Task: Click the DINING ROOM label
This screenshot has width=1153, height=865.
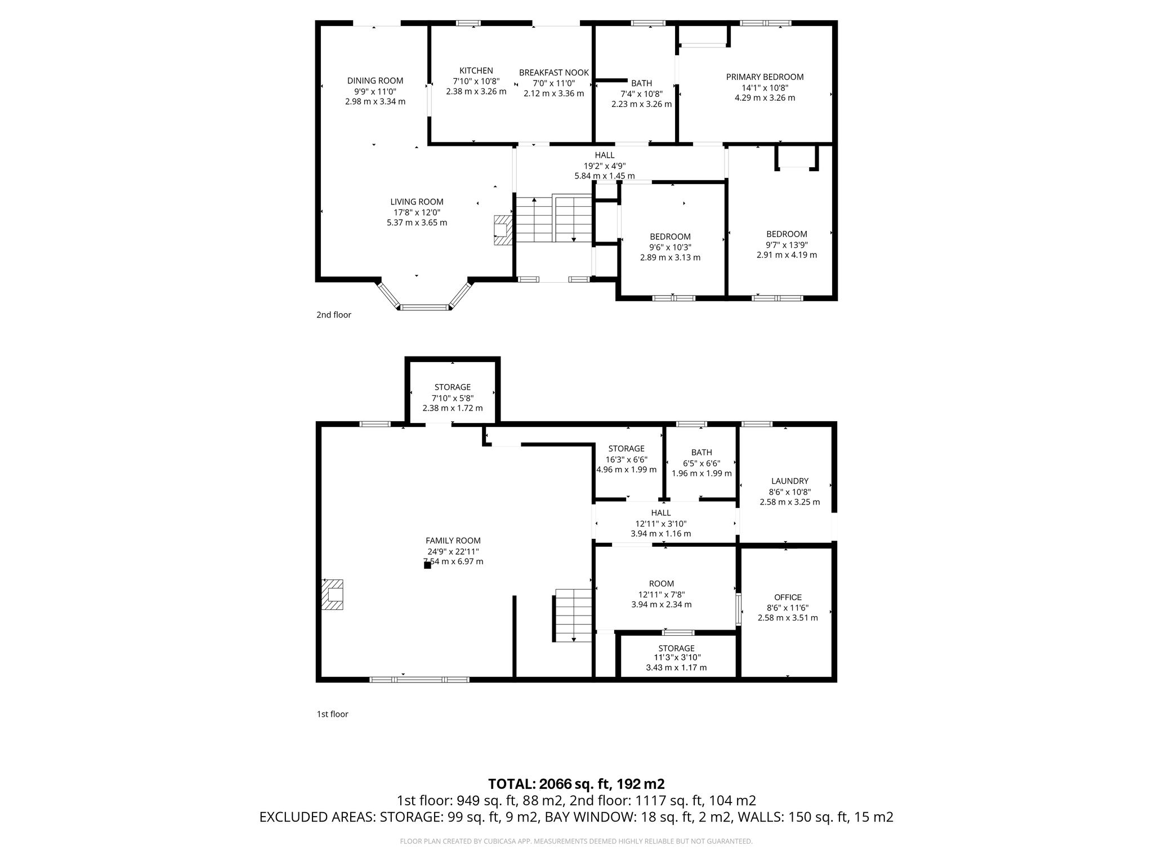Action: click(x=375, y=81)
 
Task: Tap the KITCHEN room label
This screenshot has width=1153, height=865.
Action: click(x=476, y=70)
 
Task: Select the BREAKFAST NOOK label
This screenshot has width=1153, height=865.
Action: click(x=554, y=73)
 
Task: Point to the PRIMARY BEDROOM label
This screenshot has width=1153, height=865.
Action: click(x=765, y=77)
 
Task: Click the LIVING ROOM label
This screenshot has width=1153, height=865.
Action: click(x=417, y=202)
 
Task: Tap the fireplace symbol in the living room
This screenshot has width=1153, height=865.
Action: click(x=502, y=230)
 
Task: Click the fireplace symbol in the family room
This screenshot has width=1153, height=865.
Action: click(x=332, y=595)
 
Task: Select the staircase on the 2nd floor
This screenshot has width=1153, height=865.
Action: click(x=555, y=219)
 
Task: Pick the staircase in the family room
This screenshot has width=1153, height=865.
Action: click(x=574, y=615)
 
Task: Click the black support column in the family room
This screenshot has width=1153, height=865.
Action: click(x=427, y=565)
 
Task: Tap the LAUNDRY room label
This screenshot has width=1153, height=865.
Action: click(x=790, y=481)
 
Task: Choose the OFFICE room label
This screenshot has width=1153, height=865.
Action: click(x=788, y=598)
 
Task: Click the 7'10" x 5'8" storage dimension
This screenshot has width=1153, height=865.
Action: click(x=453, y=398)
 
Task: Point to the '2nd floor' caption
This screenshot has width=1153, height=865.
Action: click(x=334, y=315)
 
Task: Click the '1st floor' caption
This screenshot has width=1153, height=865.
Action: click(x=333, y=714)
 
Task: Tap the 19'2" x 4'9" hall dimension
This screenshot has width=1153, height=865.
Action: click(x=605, y=166)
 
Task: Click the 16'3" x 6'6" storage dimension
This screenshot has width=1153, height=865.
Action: click(x=627, y=459)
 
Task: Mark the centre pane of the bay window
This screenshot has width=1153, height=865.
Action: click(x=425, y=307)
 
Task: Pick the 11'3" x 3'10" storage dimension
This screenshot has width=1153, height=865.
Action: click(x=677, y=657)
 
